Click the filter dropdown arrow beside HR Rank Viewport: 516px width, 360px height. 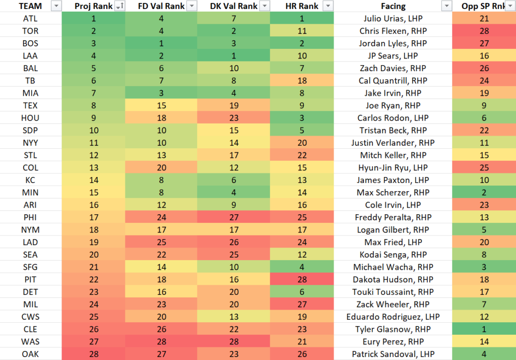tap(328, 6)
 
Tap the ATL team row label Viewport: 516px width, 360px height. tap(31, 19)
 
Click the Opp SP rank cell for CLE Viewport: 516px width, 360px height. tap(484, 329)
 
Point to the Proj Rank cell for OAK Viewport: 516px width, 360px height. tap(93, 354)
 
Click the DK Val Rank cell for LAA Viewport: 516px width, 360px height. tap(234, 56)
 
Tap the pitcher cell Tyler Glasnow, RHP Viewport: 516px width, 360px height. tap(393, 329)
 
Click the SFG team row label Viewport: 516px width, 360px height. tap(31, 267)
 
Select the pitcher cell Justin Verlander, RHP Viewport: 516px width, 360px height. tap(393, 143)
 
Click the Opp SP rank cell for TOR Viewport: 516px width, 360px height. tap(484, 31)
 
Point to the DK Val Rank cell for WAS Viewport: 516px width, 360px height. tap(234, 342)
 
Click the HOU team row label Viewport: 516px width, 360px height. tap(31, 118)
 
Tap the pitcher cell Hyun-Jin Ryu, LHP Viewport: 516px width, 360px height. tap(393, 168)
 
